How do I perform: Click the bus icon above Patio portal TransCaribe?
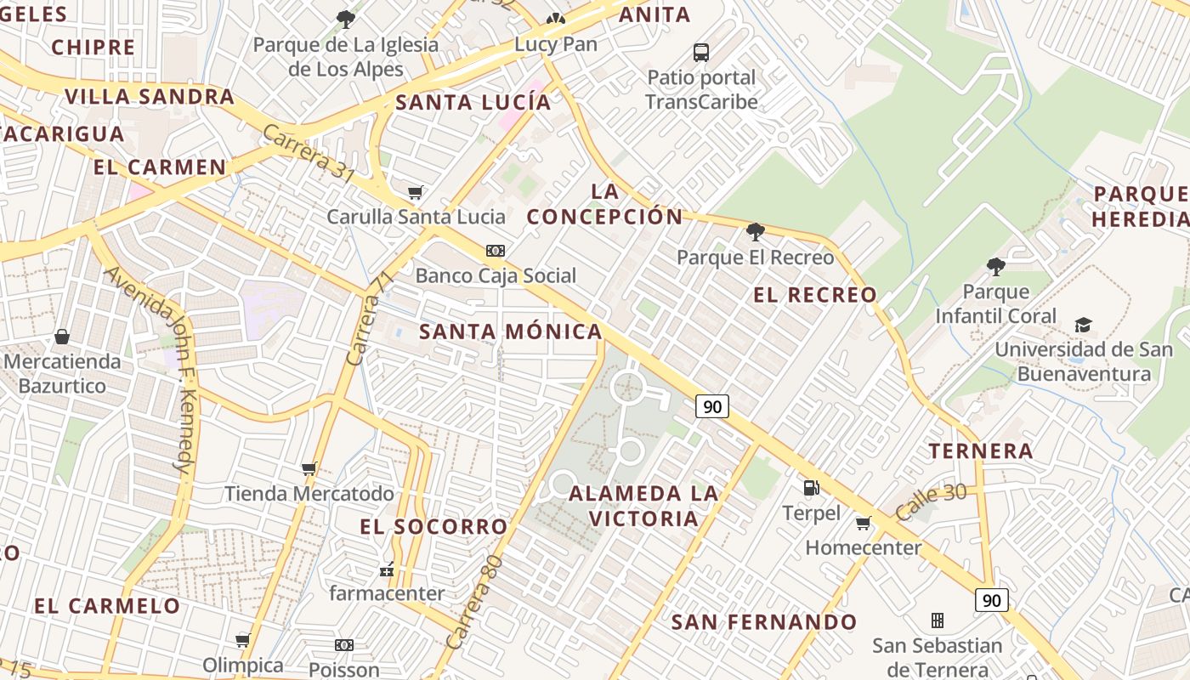[x=701, y=53]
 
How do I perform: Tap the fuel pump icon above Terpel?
[x=812, y=488]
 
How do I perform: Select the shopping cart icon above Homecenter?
[x=864, y=523]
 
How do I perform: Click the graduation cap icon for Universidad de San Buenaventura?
[x=1083, y=325]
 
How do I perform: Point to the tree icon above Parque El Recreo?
[x=755, y=231]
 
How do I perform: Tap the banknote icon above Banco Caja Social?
[x=496, y=250]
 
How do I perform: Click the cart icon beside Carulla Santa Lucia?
[x=415, y=192]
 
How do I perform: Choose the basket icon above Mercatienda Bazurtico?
[x=62, y=337]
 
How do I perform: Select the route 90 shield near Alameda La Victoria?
[x=712, y=406]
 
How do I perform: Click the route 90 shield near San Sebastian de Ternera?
[x=991, y=600]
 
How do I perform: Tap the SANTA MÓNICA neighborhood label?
[x=511, y=331]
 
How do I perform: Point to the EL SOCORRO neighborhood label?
[x=433, y=527]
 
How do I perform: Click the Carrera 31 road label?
[x=309, y=153]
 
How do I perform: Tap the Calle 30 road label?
[x=932, y=501]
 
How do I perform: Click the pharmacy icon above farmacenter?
[x=387, y=569]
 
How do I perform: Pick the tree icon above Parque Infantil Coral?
[x=995, y=267]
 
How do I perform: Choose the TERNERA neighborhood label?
[x=981, y=450]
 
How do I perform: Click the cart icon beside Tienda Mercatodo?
[x=309, y=468]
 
